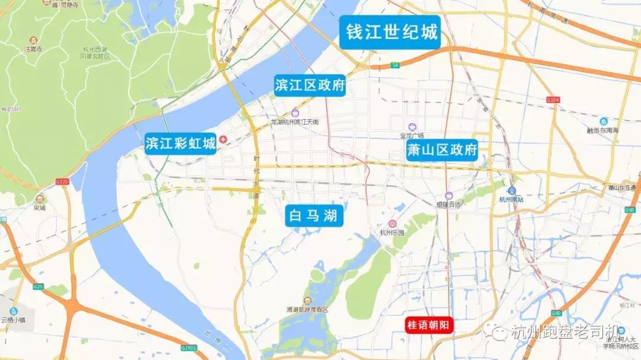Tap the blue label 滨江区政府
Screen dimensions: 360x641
(310, 85)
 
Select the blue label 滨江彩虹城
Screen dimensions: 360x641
(181, 144)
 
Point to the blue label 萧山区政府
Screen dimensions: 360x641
(442, 151)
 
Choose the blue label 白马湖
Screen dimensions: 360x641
(313, 216)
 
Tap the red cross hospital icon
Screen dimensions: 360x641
(223, 139)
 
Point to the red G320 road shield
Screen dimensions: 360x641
(62, 181)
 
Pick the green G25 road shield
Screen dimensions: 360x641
(39, 287)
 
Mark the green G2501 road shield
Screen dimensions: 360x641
(188, 348)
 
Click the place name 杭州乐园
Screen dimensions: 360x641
(391, 232)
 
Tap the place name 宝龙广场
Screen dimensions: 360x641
(411, 135)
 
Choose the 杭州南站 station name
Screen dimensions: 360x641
(511, 200)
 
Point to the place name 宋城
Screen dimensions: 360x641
(39, 208)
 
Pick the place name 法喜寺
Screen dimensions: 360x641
(33, 49)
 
